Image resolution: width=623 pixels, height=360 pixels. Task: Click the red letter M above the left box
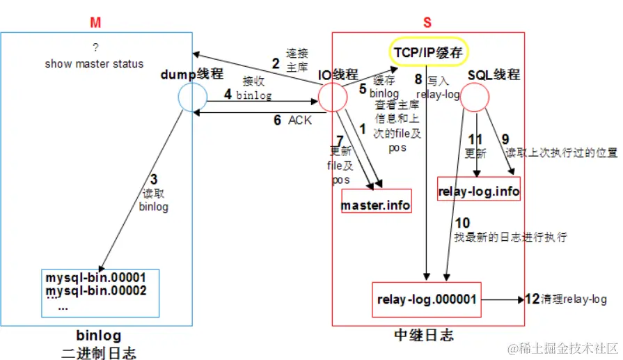pos(95,22)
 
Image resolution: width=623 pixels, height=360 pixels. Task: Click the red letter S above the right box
pos(427,22)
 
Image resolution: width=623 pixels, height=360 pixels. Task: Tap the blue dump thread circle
pos(192,98)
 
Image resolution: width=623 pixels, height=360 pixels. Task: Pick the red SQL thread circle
pos(476,97)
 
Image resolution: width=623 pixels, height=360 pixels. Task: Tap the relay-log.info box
pos(479,190)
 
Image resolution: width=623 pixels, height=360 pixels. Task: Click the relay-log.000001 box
pos(427,299)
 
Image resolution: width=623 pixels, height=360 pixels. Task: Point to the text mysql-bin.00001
pos(95,277)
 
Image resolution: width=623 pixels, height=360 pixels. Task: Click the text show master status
pos(95,63)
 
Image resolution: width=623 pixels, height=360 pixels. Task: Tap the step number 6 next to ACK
pos(277,120)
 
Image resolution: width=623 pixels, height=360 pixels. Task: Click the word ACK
pos(300,120)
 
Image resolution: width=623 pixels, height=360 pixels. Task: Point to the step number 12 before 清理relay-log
pos(532,299)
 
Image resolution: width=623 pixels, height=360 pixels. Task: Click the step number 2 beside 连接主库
pos(276,63)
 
